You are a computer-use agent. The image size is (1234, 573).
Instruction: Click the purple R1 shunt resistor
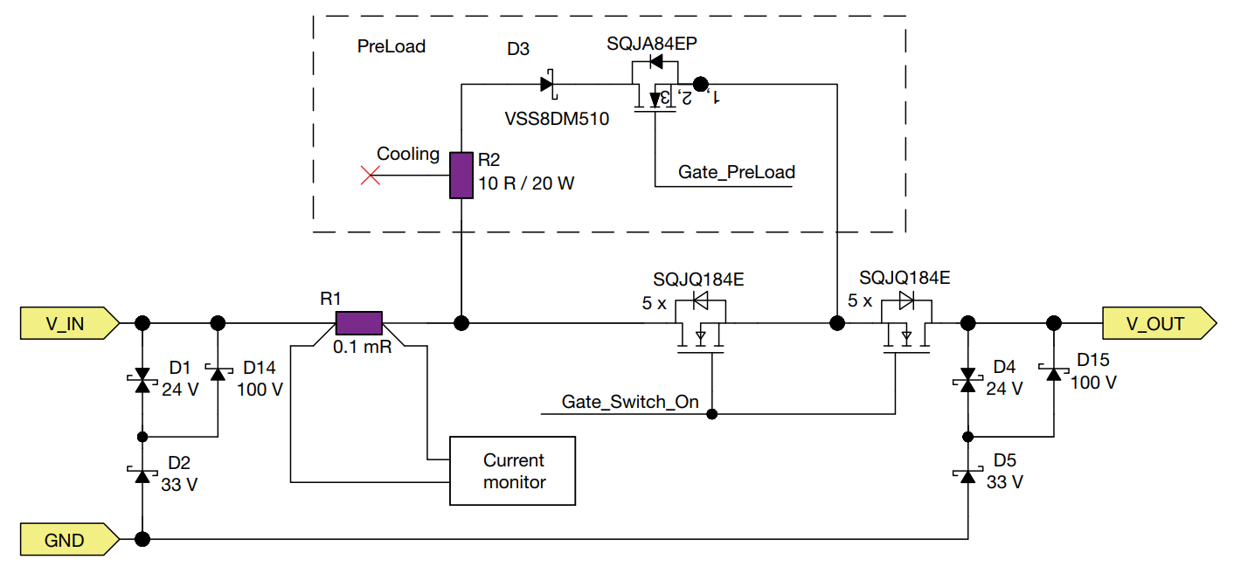click(359, 323)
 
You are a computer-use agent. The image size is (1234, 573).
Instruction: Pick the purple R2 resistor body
click(461, 175)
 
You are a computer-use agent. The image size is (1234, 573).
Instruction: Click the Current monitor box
click(513, 471)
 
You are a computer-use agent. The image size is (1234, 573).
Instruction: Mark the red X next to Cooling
click(371, 176)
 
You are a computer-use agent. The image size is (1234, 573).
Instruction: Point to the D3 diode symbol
click(548, 85)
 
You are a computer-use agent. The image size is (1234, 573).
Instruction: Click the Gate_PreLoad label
click(736, 172)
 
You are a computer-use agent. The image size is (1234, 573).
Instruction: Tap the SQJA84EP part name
click(651, 45)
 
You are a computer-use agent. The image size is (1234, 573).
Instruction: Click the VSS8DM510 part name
click(557, 119)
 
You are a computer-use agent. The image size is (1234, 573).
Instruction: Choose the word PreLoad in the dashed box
click(391, 47)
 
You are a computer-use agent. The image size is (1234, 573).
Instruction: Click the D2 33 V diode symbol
click(142, 474)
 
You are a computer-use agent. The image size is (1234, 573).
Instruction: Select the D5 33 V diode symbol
click(967, 475)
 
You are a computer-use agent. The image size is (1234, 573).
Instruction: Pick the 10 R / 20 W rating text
click(525, 184)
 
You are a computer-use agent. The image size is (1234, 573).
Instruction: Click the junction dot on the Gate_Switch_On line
click(712, 413)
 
